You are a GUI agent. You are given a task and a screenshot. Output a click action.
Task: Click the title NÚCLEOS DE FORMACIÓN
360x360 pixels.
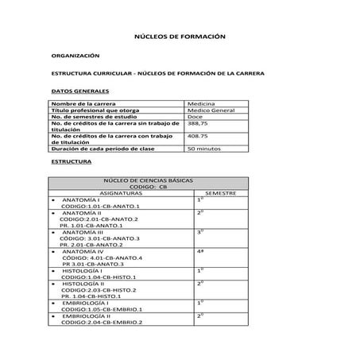(x=180, y=37)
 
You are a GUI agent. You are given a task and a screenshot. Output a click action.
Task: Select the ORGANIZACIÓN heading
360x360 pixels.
(x=75, y=56)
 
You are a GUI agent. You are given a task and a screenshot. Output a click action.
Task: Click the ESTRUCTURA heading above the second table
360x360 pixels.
(x=71, y=161)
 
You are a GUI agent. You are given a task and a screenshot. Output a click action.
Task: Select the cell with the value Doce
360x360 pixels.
(x=195, y=116)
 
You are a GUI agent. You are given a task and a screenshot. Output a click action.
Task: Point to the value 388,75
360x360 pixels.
(x=198, y=123)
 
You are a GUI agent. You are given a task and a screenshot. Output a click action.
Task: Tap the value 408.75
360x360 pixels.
(x=198, y=136)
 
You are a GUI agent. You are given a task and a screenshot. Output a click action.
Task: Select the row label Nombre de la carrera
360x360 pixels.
(x=80, y=103)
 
